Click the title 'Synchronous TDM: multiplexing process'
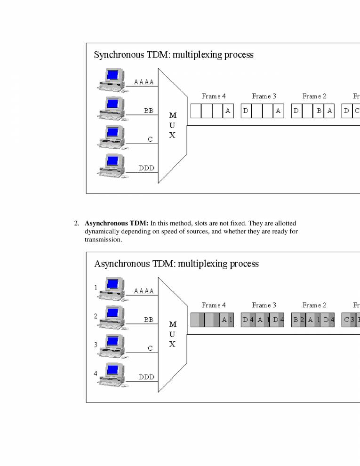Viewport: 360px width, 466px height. click(x=174, y=55)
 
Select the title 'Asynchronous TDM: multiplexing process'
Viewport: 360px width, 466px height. click(x=176, y=264)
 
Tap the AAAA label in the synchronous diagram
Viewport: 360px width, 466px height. click(x=144, y=82)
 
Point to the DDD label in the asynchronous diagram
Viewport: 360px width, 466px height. click(x=146, y=377)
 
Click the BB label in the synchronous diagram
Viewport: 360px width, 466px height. click(x=149, y=111)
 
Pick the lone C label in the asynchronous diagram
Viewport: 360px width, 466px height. click(x=150, y=349)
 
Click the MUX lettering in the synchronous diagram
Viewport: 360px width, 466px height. click(x=172, y=125)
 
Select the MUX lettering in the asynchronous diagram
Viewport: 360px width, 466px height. click(x=172, y=334)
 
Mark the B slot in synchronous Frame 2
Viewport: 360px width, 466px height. click(x=319, y=111)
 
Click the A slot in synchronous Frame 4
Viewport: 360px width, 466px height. click(x=228, y=111)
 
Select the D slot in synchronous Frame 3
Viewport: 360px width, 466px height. click(x=246, y=111)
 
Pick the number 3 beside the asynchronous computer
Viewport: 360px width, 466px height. click(x=96, y=345)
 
